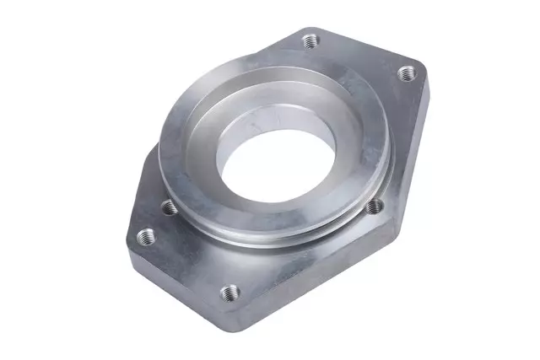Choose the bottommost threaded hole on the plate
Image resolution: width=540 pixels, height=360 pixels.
(225, 293)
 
